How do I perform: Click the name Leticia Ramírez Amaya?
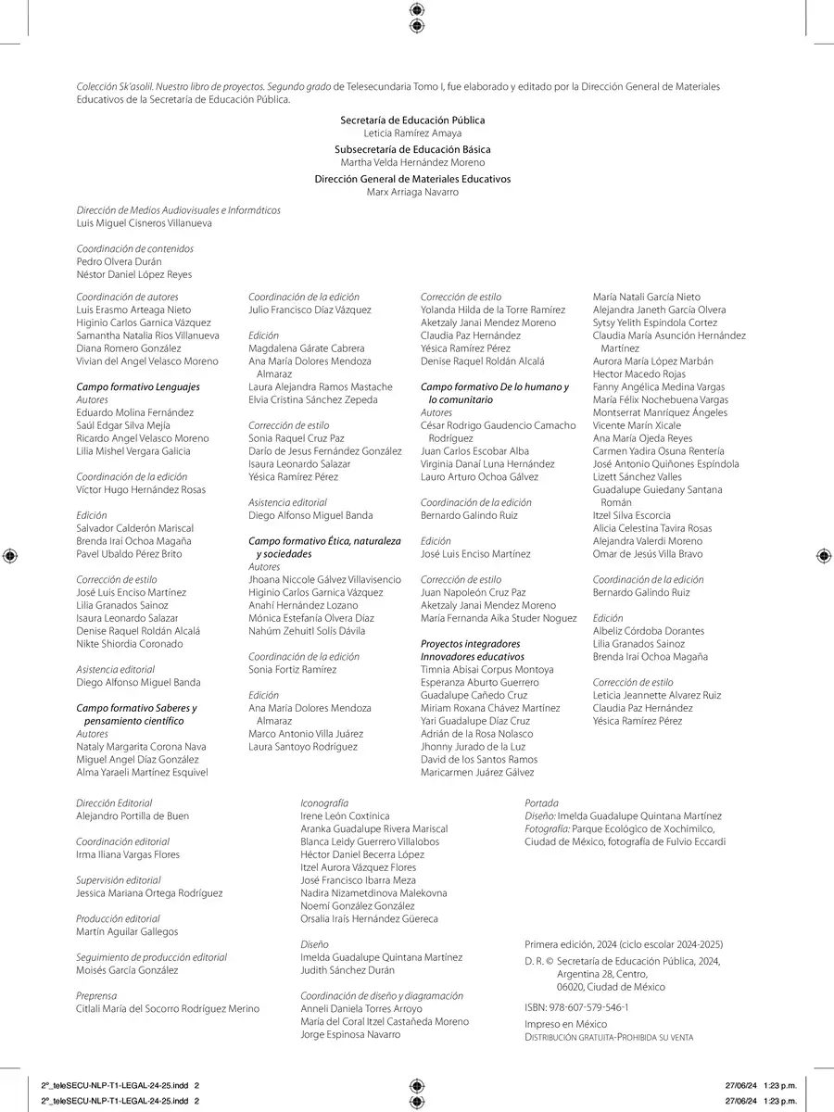point(412,133)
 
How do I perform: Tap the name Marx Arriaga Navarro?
point(412,192)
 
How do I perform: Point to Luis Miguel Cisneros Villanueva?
point(144,223)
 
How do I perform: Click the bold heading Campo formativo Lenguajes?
point(137,387)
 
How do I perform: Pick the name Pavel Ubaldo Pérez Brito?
point(129,554)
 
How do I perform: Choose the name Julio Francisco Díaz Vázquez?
point(310,310)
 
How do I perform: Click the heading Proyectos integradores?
point(471,644)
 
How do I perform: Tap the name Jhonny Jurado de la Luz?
point(473,747)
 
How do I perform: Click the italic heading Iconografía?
point(324,803)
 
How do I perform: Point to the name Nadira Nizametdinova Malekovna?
point(373,893)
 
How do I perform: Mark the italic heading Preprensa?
point(96,996)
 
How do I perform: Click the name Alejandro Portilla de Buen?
point(133,816)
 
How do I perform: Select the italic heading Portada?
point(541,803)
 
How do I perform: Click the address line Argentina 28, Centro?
point(602,974)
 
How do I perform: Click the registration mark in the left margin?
point(10,556)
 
